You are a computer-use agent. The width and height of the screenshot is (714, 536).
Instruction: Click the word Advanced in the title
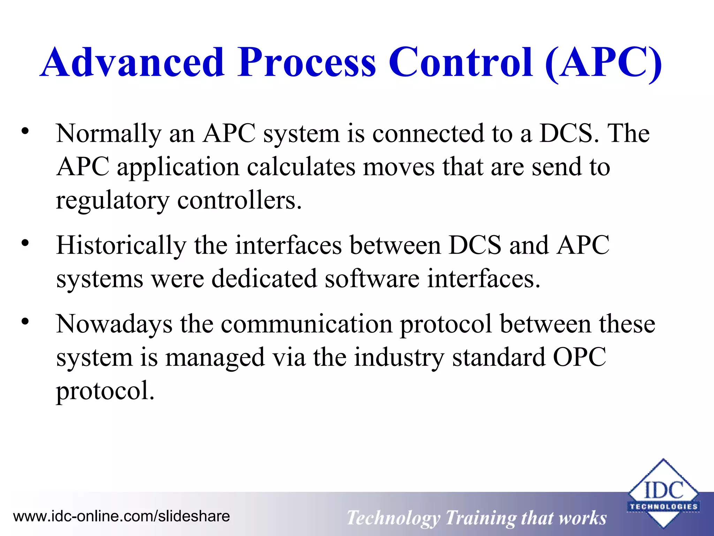pos(132,63)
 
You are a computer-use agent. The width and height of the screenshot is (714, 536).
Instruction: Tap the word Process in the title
pos(307,63)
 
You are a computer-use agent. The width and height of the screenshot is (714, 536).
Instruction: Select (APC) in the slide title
pos(603,63)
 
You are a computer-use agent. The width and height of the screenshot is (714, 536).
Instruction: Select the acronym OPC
pos(579,358)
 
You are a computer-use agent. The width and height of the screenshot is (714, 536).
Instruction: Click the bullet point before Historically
pos(25,243)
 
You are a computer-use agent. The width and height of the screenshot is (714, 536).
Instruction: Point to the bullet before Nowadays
pos(25,322)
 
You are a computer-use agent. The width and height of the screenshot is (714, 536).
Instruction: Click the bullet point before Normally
pos(25,132)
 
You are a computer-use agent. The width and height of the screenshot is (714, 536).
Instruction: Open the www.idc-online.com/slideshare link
pos(121,516)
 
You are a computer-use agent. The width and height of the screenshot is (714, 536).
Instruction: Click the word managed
pos(215,358)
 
